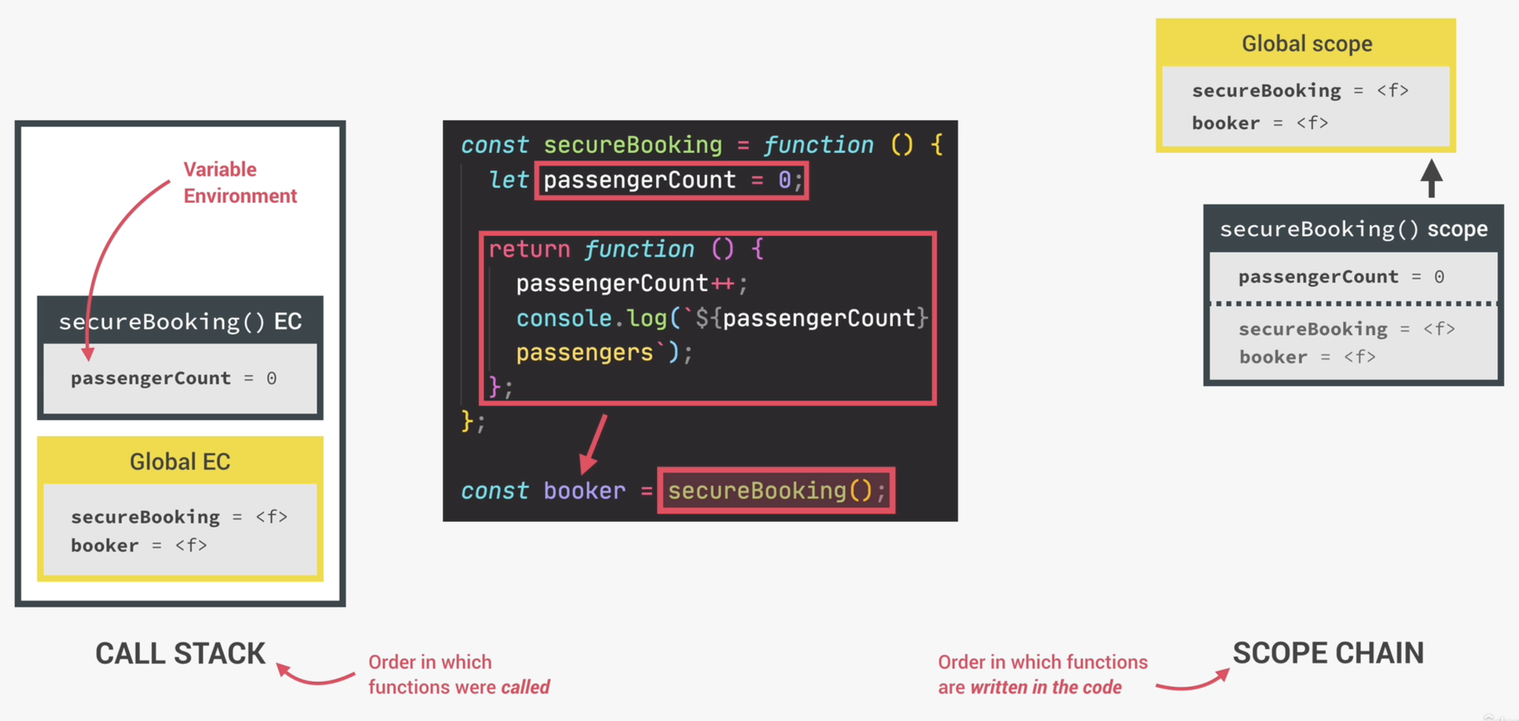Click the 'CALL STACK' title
click(x=181, y=654)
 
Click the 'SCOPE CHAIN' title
click(x=1328, y=653)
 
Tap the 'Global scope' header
click(x=1307, y=44)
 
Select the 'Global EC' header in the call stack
click(x=180, y=461)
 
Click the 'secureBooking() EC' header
click(x=180, y=321)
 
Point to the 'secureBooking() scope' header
click(x=1353, y=229)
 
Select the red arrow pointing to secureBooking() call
click(x=593, y=444)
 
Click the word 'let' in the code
click(x=508, y=180)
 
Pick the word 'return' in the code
click(x=529, y=249)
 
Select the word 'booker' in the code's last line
click(x=584, y=491)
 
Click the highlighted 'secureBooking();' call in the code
click(x=775, y=491)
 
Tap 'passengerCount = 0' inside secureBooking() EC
click(x=174, y=378)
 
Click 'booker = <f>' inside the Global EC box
click(x=139, y=545)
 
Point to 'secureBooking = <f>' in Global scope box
click(x=1300, y=91)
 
